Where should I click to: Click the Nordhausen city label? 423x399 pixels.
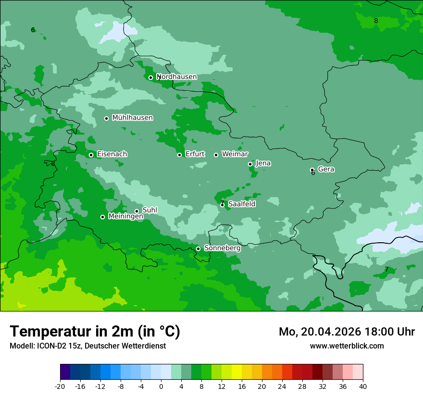coord(177,77)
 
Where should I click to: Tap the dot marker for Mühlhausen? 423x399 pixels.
coord(107,118)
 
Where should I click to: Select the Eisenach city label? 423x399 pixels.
coord(112,154)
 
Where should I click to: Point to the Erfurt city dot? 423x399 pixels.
coord(179,155)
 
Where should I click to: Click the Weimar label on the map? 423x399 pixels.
coord(235,154)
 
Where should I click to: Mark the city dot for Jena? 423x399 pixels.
coord(250,164)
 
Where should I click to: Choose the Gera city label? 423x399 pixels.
coord(326,169)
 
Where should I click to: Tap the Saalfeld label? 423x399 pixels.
coord(242,204)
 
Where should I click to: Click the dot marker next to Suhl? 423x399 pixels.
coord(137,211)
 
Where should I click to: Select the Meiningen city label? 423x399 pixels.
coord(125,217)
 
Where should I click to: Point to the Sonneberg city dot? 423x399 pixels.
coord(198,249)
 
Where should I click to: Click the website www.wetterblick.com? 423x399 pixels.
coord(347,346)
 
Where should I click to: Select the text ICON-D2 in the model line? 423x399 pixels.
coord(51,346)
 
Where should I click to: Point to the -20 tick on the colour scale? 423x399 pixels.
coord(60,386)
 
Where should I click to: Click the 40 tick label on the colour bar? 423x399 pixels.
coord(362,386)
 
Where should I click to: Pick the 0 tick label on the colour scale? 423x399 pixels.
coord(161,386)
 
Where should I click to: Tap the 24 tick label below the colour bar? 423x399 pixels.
coord(282,386)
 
